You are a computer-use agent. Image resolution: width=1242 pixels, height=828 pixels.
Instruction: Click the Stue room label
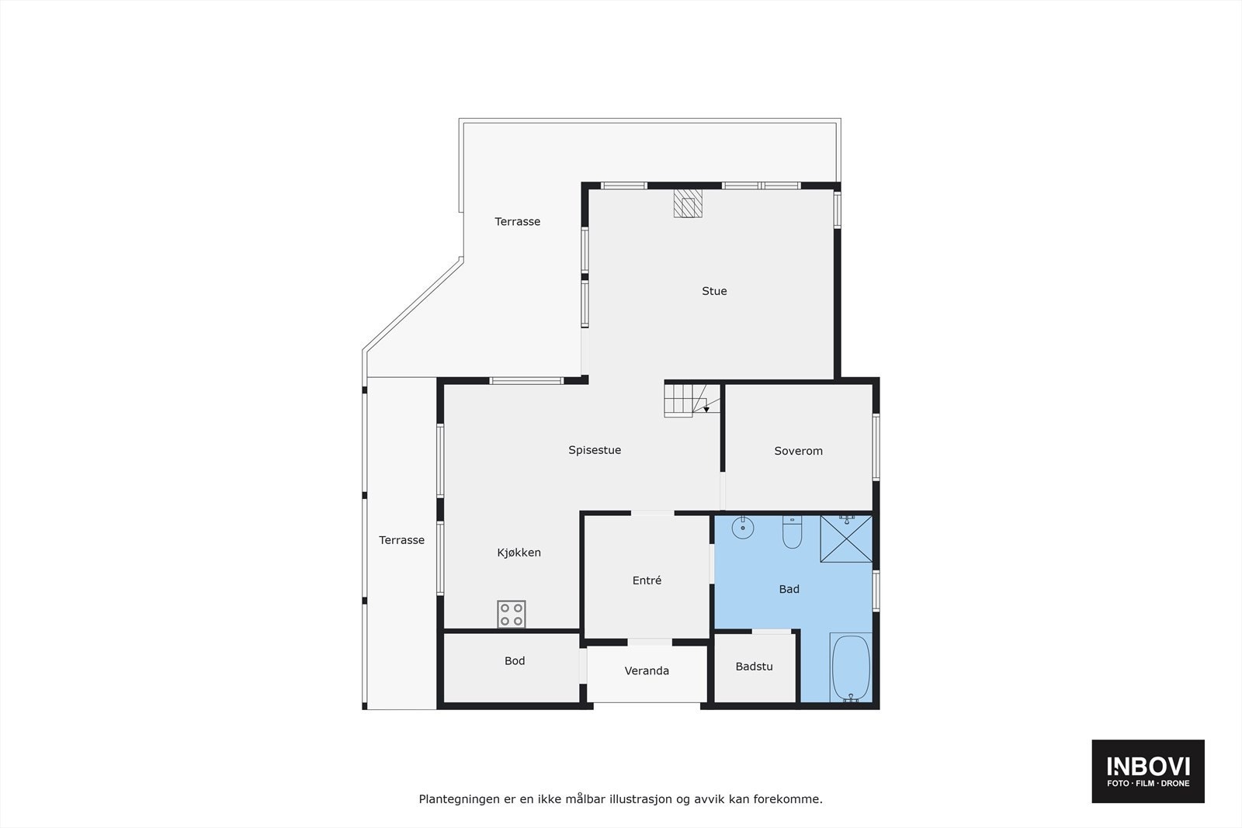[x=714, y=291]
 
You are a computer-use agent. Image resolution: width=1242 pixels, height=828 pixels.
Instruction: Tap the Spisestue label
[x=595, y=450]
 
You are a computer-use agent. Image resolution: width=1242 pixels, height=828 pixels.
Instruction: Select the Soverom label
[x=798, y=451]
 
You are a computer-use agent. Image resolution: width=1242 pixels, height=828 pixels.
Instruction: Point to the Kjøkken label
[x=519, y=553]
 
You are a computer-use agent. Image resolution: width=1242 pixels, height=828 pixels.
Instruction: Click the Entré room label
[x=647, y=580]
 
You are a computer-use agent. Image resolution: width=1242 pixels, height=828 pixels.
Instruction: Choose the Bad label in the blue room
[x=789, y=589]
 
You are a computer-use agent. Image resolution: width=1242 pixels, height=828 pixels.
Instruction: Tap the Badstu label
[x=754, y=667]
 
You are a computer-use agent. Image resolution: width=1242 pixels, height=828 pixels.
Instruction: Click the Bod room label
[x=515, y=661]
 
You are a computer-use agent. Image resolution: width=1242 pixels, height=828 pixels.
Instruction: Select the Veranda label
[x=647, y=671]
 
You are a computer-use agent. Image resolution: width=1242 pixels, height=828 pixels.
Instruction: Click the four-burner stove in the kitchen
[x=512, y=614]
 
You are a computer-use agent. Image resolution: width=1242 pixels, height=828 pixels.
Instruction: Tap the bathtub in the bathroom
[x=851, y=668]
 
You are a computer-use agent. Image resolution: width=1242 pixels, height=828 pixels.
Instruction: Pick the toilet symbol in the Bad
[x=792, y=532]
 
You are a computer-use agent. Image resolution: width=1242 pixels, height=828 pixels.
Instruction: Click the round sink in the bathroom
[x=743, y=528]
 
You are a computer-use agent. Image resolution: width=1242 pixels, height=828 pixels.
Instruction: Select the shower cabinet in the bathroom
[x=846, y=538]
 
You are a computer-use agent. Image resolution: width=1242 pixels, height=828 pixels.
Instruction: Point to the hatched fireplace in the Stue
[x=688, y=203]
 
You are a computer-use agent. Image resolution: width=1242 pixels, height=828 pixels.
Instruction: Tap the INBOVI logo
[x=1147, y=771]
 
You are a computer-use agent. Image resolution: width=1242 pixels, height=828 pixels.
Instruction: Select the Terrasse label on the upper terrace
[x=518, y=222]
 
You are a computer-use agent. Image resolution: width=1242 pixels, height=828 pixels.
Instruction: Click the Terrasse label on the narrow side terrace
[x=401, y=540]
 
